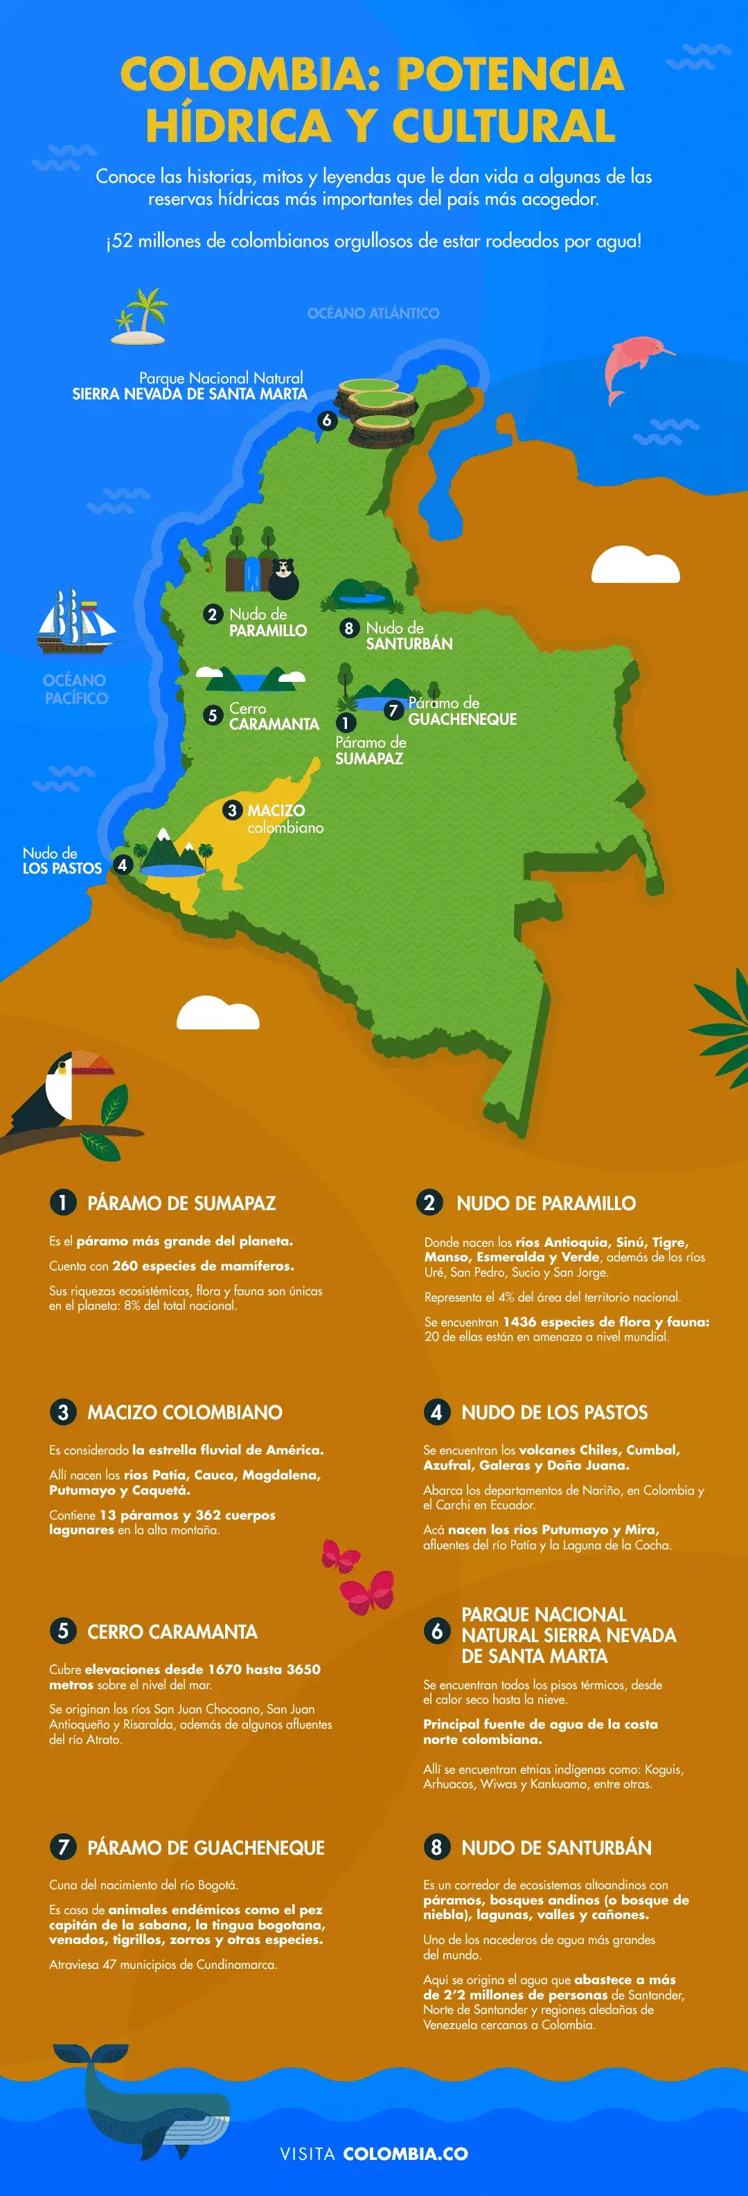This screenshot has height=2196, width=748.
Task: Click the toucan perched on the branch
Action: click(60, 1091)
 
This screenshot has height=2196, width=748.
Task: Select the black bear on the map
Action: click(284, 579)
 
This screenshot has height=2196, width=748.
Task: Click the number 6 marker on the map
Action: click(326, 420)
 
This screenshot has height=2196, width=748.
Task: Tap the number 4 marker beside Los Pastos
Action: click(122, 865)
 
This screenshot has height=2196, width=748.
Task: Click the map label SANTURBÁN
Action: click(409, 644)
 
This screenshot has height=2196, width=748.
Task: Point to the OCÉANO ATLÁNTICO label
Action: click(373, 313)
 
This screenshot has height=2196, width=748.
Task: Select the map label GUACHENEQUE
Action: click(462, 719)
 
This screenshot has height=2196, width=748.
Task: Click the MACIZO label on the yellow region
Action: click(276, 810)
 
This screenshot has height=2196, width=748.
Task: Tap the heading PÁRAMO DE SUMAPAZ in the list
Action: click(181, 1203)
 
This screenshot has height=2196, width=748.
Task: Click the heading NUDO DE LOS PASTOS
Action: click(554, 1412)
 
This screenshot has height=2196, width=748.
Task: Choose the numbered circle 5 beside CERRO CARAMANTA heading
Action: click(62, 1631)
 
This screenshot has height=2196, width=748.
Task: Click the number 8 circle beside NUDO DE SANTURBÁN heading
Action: click(436, 1847)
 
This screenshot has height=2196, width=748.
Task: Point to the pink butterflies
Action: click(358, 1577)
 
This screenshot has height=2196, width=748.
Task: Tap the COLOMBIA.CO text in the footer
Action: click(405, 2153)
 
